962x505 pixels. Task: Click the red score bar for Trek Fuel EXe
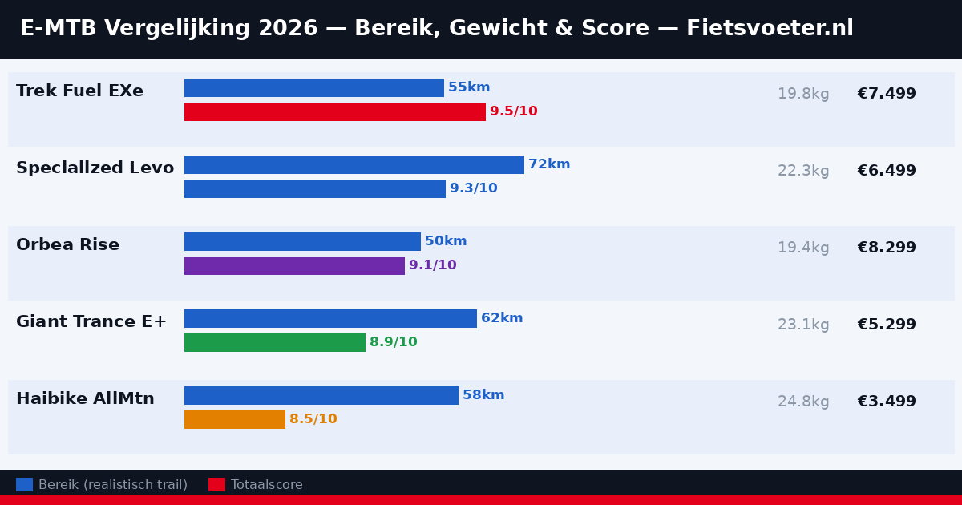335,112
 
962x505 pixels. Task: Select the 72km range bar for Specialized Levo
354,165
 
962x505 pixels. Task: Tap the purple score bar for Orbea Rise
294,266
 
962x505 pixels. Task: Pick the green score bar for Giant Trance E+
275,343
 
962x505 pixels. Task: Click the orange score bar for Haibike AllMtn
235,420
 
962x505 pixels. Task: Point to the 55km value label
469,88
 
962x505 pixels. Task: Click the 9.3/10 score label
473,189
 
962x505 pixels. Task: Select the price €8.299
886,248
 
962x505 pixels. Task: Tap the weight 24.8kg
803,402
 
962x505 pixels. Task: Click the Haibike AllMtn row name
85,399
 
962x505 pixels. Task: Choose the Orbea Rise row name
67,245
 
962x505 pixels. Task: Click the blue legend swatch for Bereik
24,485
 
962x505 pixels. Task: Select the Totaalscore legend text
266,485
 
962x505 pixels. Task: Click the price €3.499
886,402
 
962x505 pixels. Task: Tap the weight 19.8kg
803,95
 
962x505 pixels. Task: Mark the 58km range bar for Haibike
321,396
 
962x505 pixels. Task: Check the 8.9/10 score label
393,343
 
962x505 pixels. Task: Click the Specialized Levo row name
95,168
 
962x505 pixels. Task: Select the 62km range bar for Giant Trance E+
330,319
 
